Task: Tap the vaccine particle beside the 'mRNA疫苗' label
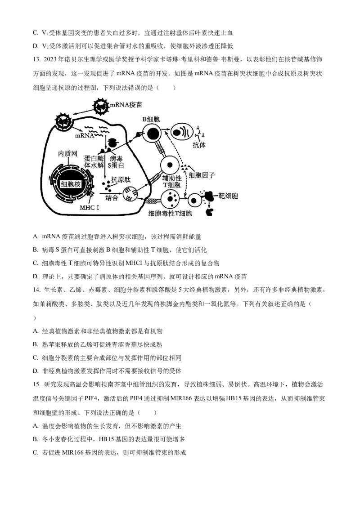(101, 106)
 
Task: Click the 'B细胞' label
(151, 119)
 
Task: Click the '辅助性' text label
(172, 179)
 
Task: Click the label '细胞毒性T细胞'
(170, 214)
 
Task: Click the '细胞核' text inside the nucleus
(71, 183)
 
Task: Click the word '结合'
(112, 198)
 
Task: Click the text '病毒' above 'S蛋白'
(116, 159)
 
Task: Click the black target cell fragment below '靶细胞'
(209, 212)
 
